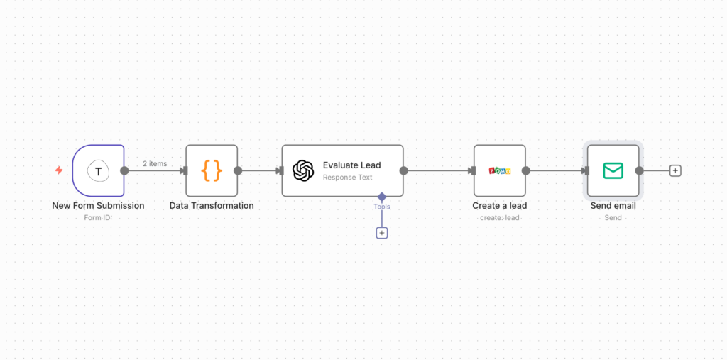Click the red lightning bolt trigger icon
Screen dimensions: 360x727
[x=59, y=170]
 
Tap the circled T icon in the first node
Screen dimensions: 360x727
[x=99, y=170]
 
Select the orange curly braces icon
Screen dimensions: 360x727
[x=212, y=170]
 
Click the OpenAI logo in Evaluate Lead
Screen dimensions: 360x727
[x=303, y=170]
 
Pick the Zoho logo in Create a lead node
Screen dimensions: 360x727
[x=500, y=170]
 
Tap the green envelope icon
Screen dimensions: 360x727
[x=613, y=170]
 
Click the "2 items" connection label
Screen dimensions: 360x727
[x=155, y=163]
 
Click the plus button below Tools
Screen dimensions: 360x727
[x=382, y=232]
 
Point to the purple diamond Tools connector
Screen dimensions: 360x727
[x=382, y=196]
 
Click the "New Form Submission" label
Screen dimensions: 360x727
[x=98, y=206]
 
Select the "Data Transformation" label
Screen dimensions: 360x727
[x=212, y=206]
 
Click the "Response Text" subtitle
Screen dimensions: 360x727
[x=347, y=178]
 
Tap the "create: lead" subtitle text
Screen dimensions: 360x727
[x=499, y=217]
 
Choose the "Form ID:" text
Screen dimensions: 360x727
[x=98, y=217]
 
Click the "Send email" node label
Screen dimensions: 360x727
[x=613, y=206]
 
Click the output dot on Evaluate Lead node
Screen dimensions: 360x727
[x=403, y=170]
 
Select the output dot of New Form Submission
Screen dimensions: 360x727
[x=124, y=170]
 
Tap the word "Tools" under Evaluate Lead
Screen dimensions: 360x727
[x=382, y=207]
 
